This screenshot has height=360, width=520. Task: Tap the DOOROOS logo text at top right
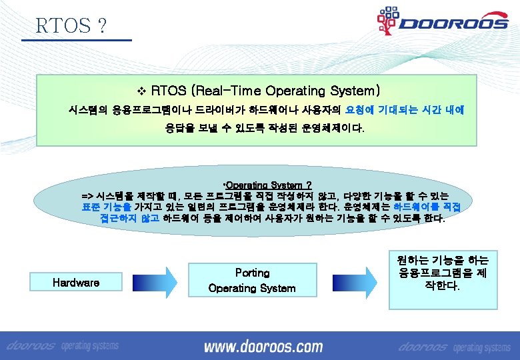click(x=453, y=24)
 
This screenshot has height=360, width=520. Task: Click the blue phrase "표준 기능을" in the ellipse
click(x=101, y=207)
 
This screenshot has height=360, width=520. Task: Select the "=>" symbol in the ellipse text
click(x=87, y=196)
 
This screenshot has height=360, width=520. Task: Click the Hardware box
click(x=76, y=283)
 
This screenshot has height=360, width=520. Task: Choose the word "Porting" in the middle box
click(x=252, y=273)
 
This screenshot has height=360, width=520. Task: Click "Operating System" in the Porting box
click(x=252, y=288)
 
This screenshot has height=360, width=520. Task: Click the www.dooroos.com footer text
click(x=263, y=347)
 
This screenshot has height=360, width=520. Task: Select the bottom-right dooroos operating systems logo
click(x=453, y=347)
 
